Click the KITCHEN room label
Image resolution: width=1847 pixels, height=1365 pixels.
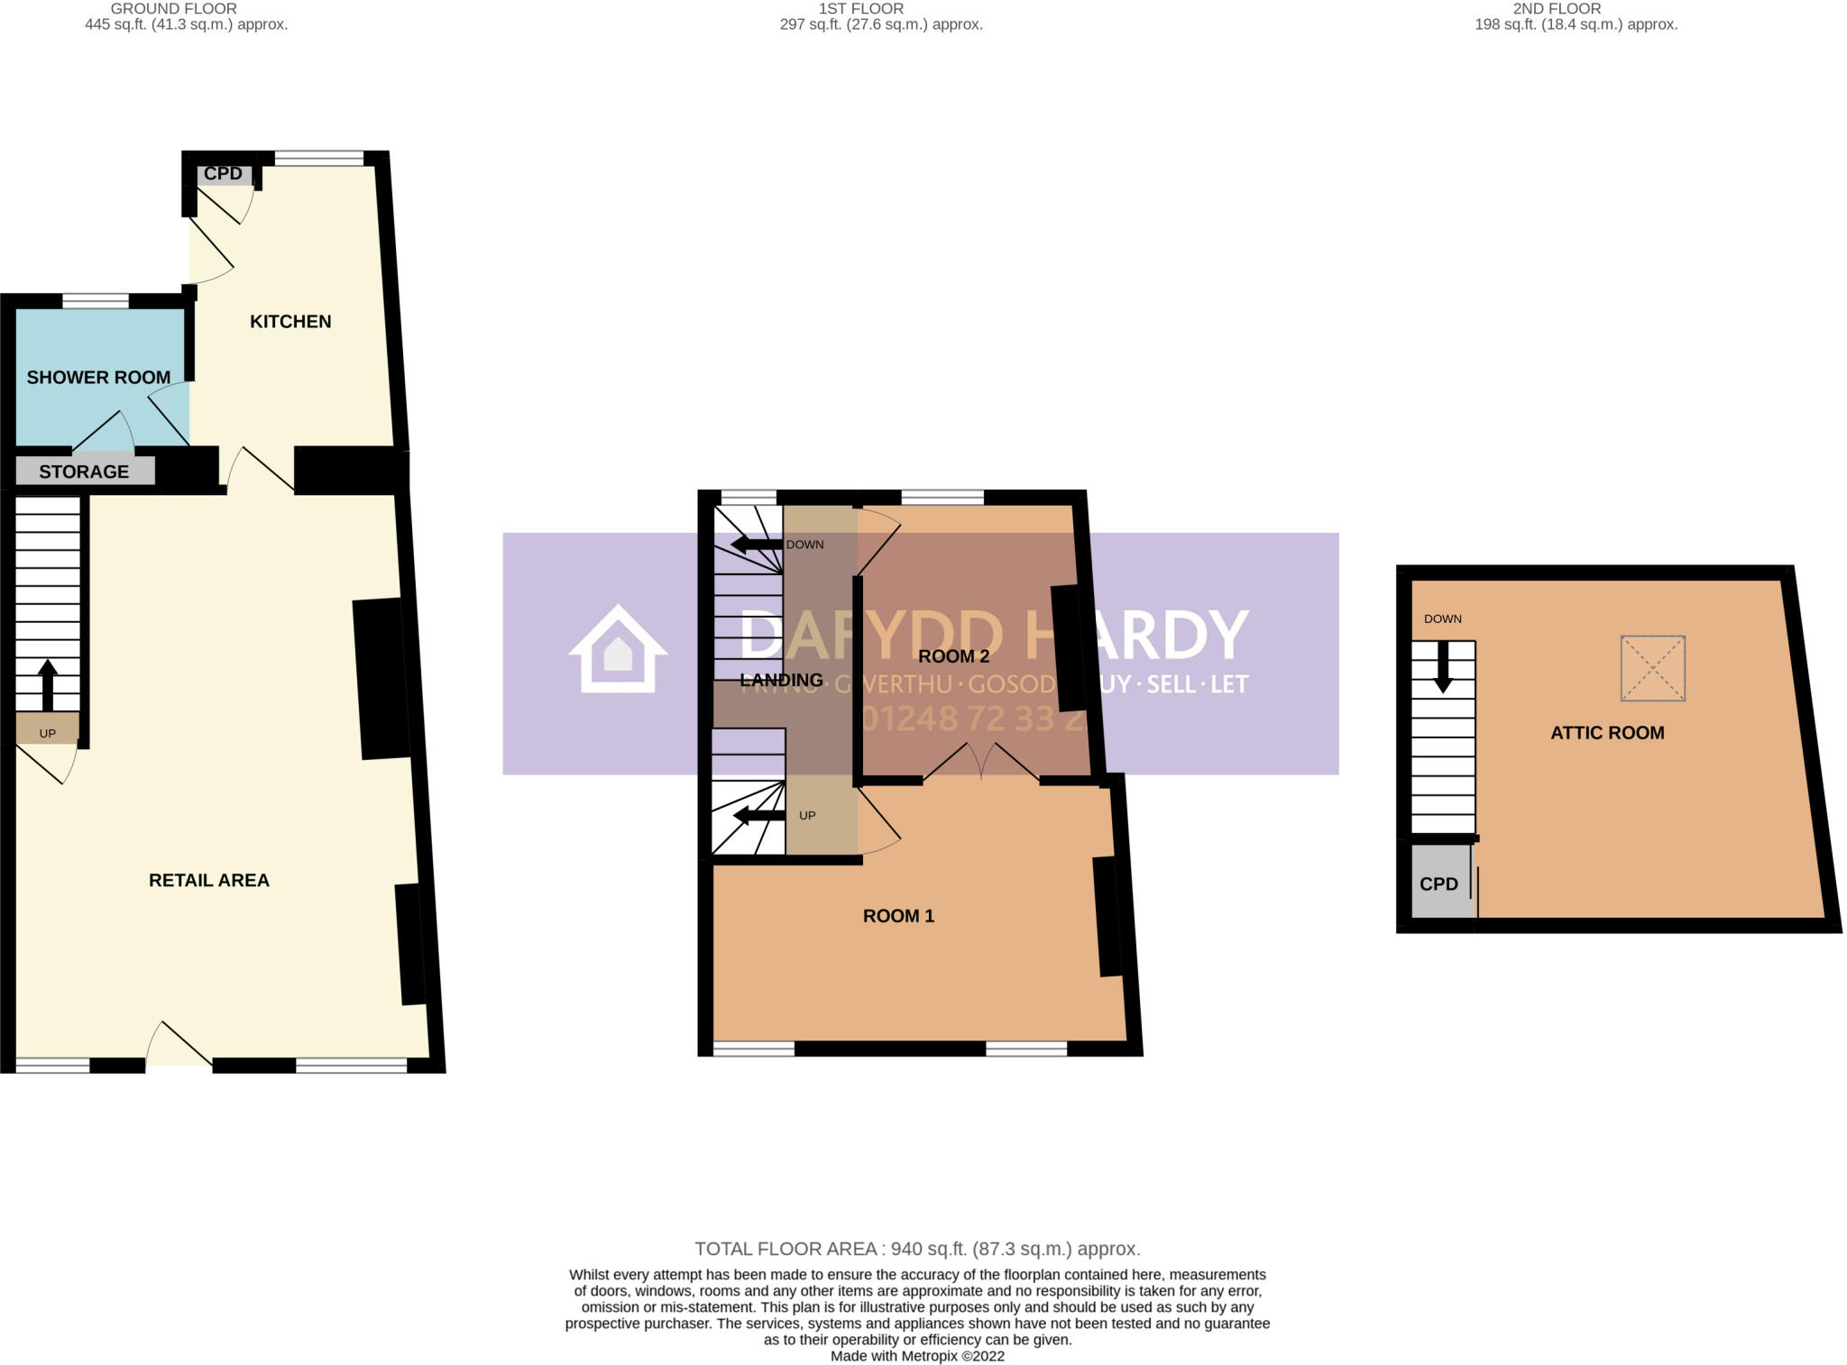[290, 322]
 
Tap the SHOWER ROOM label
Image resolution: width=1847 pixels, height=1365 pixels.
[98, 378]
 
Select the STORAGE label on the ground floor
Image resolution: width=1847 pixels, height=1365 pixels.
[84, 472]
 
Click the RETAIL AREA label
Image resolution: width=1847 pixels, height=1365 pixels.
[209, 880]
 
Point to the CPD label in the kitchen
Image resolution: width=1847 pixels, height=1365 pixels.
[223, 174]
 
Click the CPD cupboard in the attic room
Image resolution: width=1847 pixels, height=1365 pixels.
[1438, 884]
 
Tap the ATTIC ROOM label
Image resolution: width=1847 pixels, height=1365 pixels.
[1607, 733]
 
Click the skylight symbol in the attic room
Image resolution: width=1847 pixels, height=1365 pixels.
[1652, 668]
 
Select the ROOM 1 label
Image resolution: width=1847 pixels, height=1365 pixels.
[898, 916]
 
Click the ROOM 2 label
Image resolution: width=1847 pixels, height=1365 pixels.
[953, 656]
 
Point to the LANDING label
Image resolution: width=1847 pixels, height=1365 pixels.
[781, 680]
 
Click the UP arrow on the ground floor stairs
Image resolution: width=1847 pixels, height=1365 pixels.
[48, 685]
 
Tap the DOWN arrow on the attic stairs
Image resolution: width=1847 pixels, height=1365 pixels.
[1443, 666]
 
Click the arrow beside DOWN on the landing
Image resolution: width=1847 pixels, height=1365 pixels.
[756, 545]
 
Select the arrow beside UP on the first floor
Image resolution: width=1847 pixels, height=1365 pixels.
[758, 816]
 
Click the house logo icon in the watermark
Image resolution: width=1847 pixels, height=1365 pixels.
[618, 649]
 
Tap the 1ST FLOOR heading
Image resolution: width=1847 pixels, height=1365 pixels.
[860, 9]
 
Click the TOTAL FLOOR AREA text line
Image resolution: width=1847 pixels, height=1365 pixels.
[917, 1249]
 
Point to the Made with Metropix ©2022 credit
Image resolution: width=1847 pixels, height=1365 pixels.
[917, 1356]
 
